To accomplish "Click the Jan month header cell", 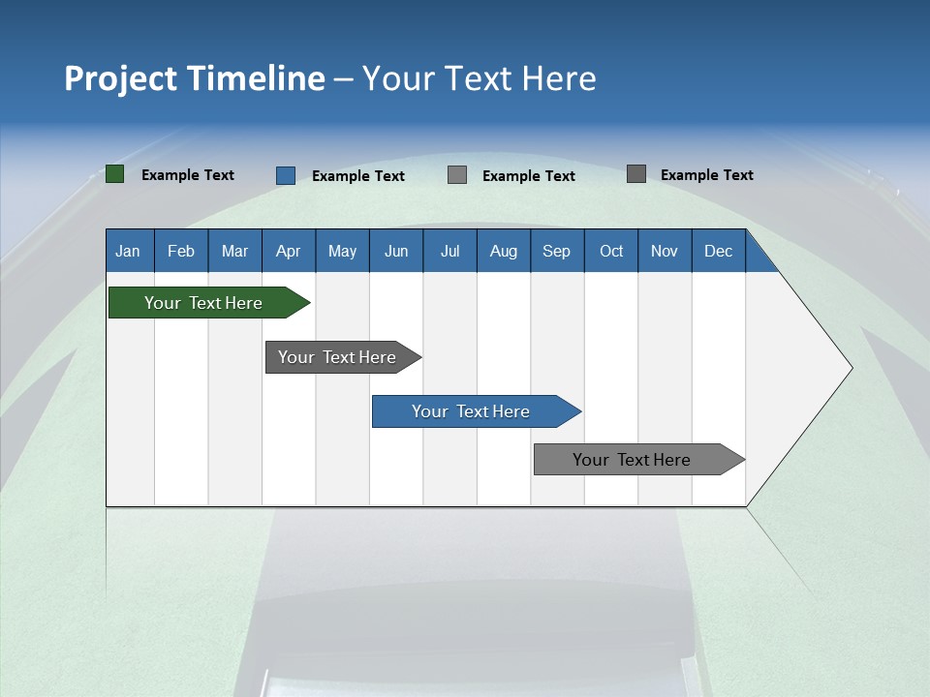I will (129, 251).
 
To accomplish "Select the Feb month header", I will (181, 251).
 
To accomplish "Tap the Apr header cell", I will (289, 251).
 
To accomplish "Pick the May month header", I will (342, 251).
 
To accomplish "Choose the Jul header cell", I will (449, 251).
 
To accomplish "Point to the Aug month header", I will (504, 251).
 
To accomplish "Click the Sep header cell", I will (557, 251).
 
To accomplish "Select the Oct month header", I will (611, 251).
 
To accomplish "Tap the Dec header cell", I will (719, 251).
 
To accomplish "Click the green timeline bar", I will (203, 303).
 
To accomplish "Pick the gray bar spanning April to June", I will (337, 357).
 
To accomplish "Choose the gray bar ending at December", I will (633, 460).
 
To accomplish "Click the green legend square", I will (115, 174).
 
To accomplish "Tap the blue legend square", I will (286, 175).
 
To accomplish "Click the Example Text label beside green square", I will (188, 175).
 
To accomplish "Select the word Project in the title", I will (117, 78).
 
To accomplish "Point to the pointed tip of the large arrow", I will (850, 368).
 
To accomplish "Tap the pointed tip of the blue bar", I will (578, 411).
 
